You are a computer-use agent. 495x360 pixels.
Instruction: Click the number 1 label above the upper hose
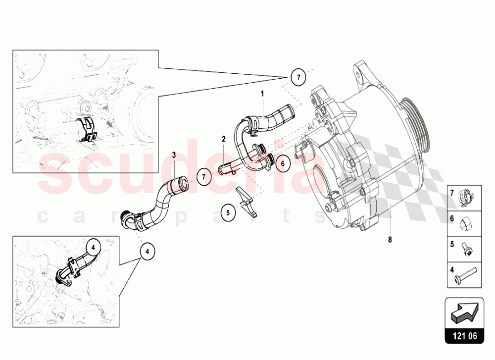coord(263,93)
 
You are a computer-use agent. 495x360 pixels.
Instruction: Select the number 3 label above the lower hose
coord(174,154)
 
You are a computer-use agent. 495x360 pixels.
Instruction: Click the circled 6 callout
coord(283,162)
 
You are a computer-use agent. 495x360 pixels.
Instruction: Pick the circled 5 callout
coord(228,213)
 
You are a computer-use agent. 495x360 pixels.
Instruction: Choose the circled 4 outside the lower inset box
coord(147,251)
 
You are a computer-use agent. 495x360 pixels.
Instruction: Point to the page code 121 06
coord(463,336)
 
